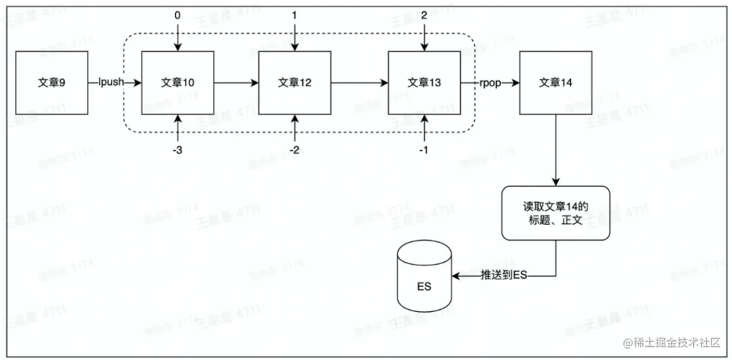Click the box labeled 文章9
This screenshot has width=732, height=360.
point(51,82)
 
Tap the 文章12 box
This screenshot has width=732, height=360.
point(295,82)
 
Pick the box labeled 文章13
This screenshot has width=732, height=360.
point(424,82)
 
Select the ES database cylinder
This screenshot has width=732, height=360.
point(424,277)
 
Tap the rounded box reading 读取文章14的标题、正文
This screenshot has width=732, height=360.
point(555,213)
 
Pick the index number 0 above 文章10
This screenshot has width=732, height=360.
point(177,16)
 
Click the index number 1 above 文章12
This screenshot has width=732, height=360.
point(295,16)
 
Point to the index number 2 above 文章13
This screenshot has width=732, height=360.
point(424,16)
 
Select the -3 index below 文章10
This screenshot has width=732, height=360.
point(177,150)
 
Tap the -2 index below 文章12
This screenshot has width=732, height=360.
point(294,150)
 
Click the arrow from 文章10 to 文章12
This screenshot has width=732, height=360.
point(236,82)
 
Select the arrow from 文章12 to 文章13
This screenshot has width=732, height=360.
point(360,82)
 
